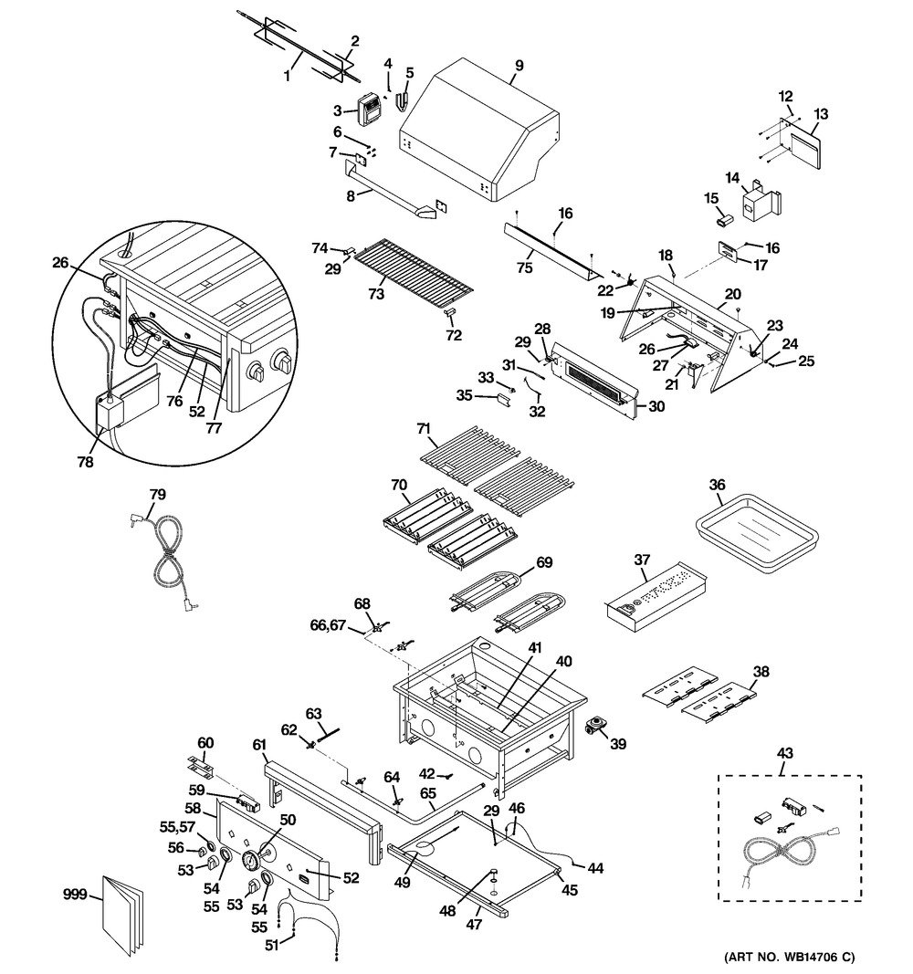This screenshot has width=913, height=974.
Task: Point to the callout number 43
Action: pos(784,753)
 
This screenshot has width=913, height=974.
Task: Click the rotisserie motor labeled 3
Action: pos(370,110)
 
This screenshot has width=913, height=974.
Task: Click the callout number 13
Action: pos(821,114)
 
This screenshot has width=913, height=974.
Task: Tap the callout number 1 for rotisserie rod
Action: pos(287,78)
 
